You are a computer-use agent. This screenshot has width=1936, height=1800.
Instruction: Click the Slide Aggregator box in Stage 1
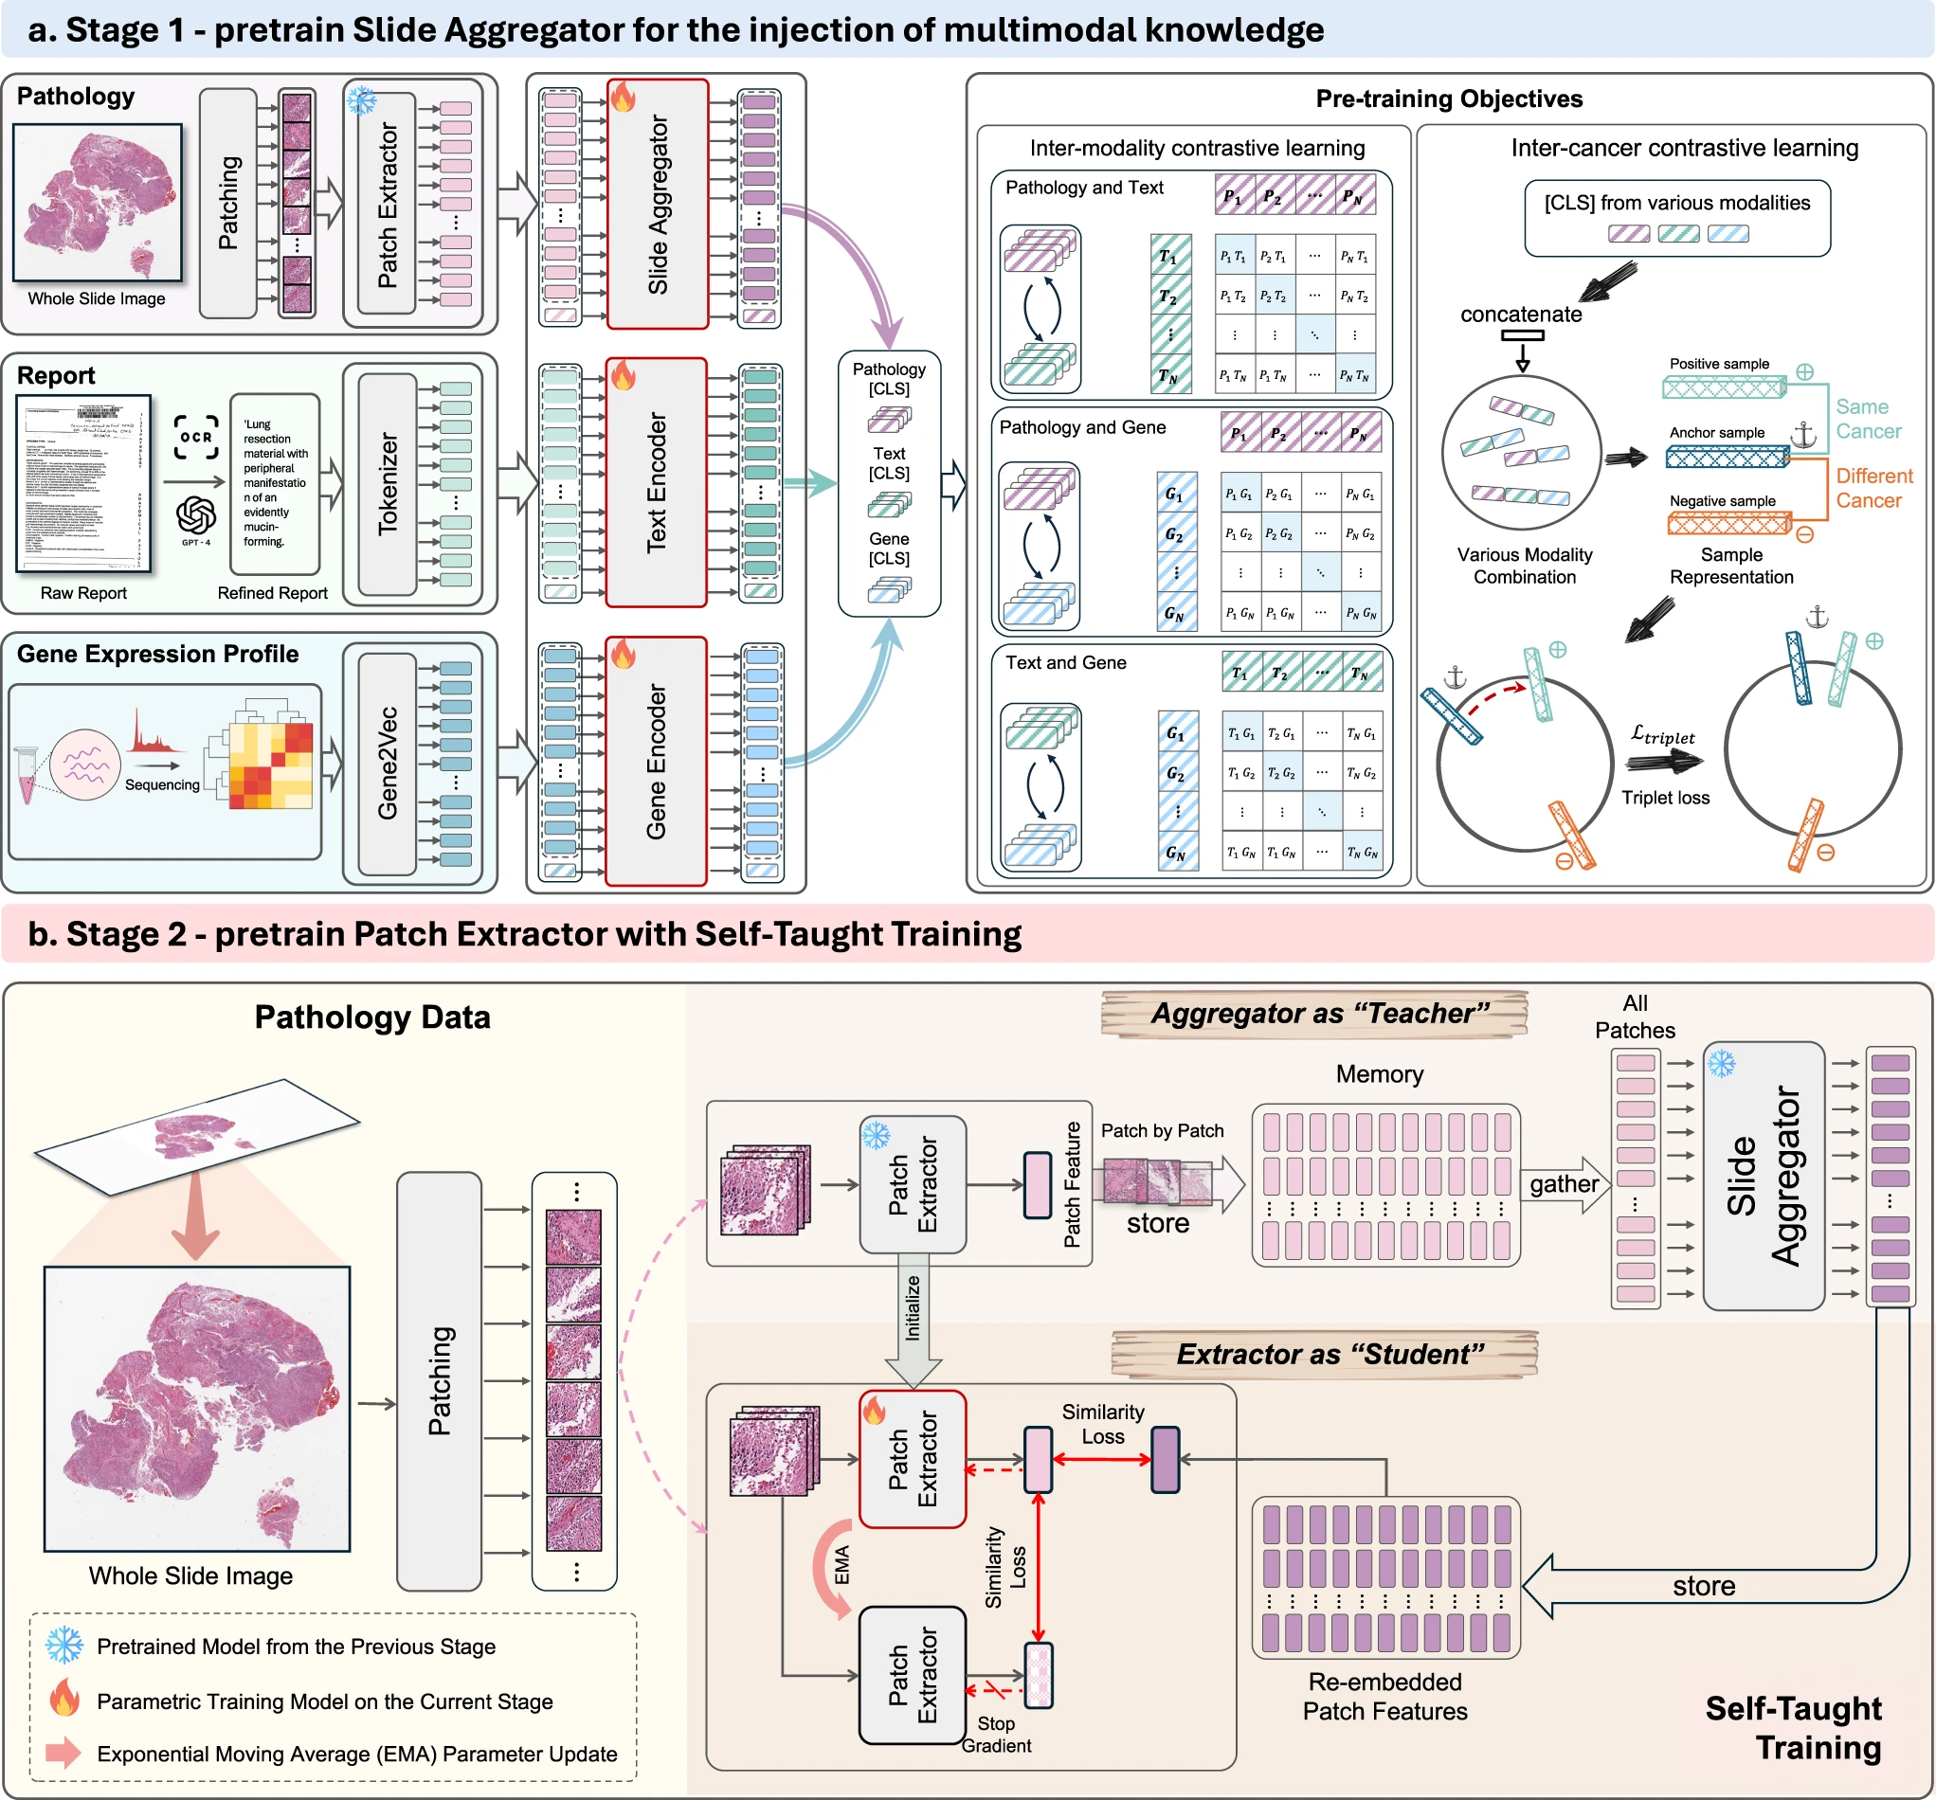(658, 205)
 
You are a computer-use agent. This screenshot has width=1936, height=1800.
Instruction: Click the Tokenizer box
(388, 483)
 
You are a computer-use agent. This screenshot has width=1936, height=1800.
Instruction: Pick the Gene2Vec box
(388, 764)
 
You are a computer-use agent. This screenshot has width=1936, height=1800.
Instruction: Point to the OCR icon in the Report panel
(196, 437)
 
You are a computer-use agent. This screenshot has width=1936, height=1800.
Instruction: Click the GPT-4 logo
(196, 516)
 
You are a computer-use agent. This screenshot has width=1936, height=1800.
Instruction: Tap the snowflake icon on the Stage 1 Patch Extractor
(361, 100)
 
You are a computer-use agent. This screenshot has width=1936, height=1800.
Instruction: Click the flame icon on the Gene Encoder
(624, 655)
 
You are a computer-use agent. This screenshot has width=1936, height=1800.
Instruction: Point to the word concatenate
(1520, 315)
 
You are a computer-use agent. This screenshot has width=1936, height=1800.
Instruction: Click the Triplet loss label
(1665, 799)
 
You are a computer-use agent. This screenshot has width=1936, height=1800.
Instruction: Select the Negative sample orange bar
(1729, 525)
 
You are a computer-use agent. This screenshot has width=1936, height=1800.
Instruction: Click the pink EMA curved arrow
(831, 1567)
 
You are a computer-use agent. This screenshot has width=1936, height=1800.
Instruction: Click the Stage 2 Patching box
(439, 1380)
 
